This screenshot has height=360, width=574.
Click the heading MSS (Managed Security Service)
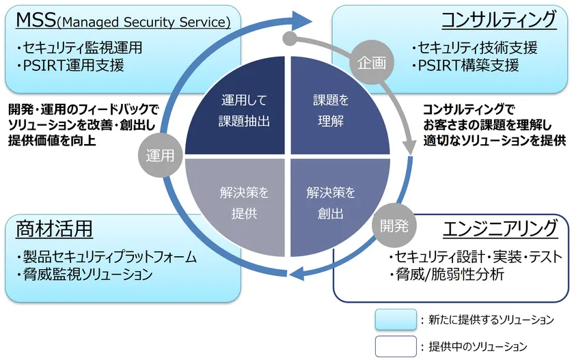[x=123, y=20]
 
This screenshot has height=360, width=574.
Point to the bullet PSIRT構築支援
[x=466, y=66]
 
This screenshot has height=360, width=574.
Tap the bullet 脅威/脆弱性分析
[x=447, y=275]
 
